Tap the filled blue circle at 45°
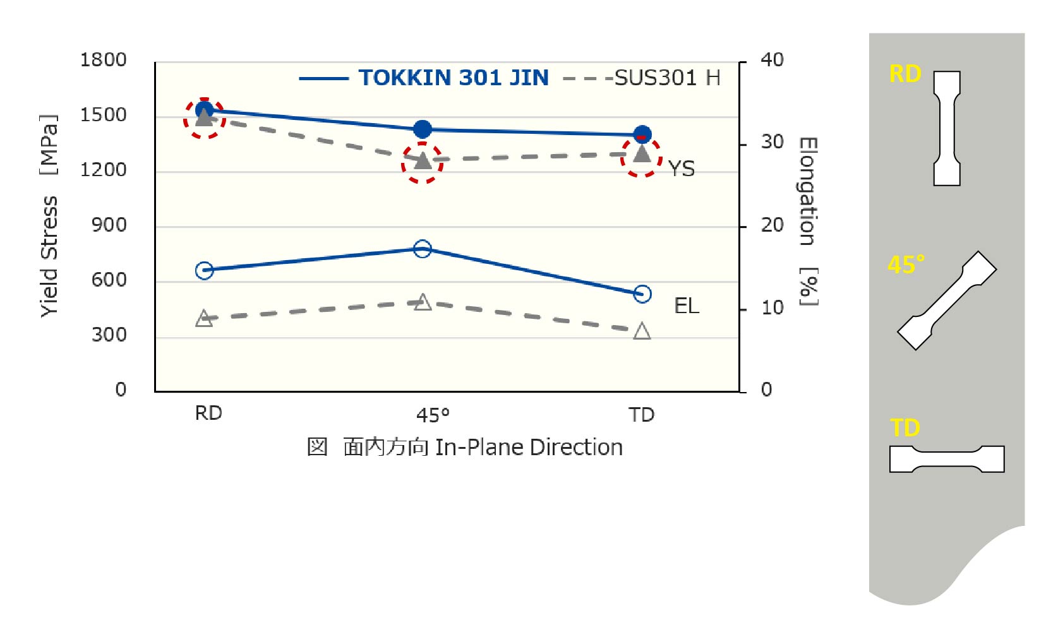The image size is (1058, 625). click(x=423, y=129)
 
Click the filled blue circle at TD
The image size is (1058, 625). click(x=642, y=134)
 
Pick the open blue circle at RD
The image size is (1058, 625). click(x=204, y=270)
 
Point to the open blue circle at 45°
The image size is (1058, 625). click(x=423, y=249)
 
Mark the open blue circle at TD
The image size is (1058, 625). click(x=642, y=294)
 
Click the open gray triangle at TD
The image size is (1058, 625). click(x=642, y=331)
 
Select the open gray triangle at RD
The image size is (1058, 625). click(x=204, y=319)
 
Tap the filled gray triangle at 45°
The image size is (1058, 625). click(x=423, y=161)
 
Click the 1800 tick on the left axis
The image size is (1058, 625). click(x=103, y=60)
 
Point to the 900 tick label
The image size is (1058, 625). click(x=109, y=225)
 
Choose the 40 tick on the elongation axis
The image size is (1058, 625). click(x=772, y=60)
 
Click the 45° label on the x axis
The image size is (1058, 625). click(x=433, y=415)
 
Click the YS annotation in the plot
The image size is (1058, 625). click(x=682, y=169)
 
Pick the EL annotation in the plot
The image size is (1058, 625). click(x=687, y=306)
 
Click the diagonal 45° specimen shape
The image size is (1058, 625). click(x=947, y=301)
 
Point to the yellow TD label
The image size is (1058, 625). click(x=905, y=428)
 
